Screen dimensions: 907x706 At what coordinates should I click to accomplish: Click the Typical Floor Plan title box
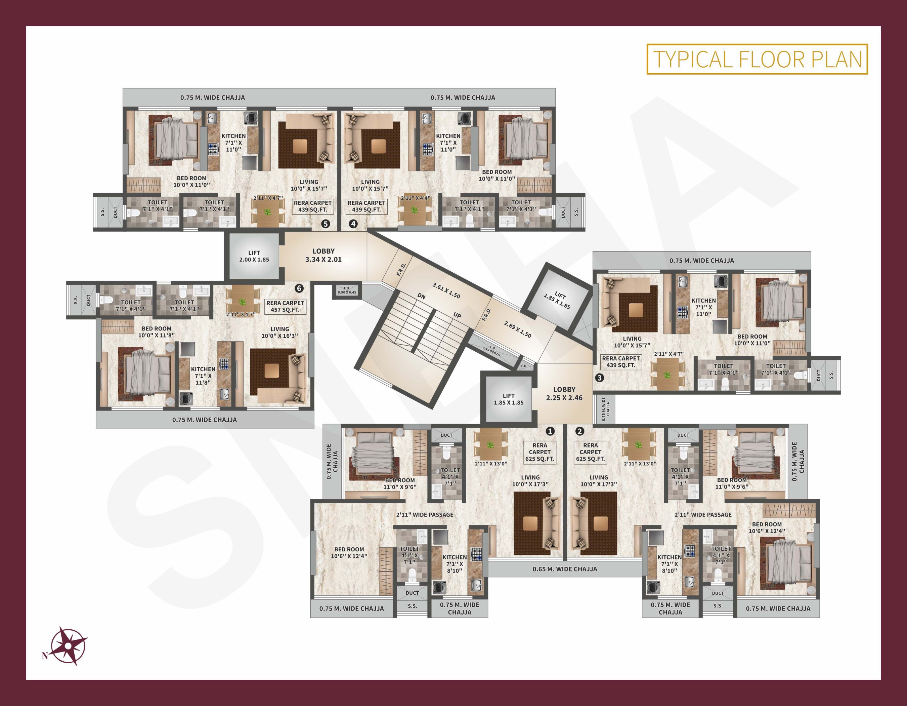click(x=757, y=59)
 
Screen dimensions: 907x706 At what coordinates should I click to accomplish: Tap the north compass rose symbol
click(x=69, y=645)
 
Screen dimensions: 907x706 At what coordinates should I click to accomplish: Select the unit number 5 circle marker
click(x=326, y=224)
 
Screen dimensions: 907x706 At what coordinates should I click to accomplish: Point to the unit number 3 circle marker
click(x=599, y=378)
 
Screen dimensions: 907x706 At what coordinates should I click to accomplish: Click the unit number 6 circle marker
click(x=299, y=288)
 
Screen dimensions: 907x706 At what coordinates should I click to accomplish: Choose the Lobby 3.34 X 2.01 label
click(x=323, y=255)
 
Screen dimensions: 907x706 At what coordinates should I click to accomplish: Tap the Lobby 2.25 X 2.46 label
click(x=564, y=394)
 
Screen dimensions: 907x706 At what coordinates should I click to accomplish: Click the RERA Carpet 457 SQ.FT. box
click(x=285, y=306)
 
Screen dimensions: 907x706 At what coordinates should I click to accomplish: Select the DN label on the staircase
click(x=422, y=296)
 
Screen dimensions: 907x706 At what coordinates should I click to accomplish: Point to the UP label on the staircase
click(x=457, y=315)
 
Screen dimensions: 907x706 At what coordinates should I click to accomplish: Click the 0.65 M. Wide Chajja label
click(x=565, y=569)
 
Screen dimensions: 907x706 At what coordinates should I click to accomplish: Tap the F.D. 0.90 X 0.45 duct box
click(x=347, y=290)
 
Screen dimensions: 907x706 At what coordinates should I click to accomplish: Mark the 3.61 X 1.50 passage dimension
click(x=446, y=290)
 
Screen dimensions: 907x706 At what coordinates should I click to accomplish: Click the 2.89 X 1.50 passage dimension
click(x=517, y=329)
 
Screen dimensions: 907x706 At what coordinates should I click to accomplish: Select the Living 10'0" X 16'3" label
click(x=279, y=332)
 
